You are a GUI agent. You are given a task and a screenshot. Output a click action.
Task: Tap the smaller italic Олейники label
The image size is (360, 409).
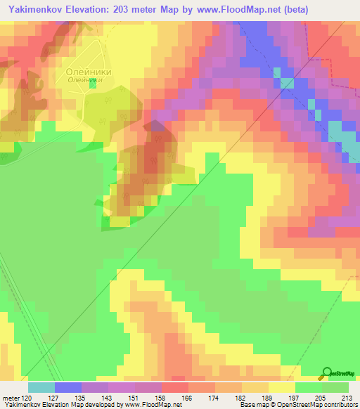pos(85,80)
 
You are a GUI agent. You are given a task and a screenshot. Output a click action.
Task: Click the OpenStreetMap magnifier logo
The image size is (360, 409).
pos(327,373)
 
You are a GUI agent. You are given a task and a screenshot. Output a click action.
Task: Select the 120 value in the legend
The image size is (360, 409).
pos(28,397)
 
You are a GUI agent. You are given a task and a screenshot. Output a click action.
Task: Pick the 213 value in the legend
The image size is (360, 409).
pos(349,397)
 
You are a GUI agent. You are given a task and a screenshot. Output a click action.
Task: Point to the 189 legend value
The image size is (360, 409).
pos(268,397)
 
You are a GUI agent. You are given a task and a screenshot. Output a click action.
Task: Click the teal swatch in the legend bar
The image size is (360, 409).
pos(41,387)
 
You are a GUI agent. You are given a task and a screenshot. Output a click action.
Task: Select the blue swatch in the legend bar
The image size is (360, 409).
pos(68,387)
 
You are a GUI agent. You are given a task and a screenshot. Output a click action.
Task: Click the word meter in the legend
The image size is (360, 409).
pos(11,397)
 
